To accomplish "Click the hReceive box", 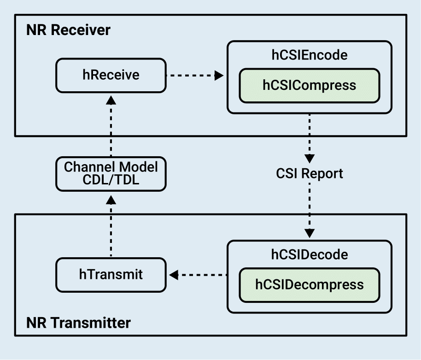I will (111, 75).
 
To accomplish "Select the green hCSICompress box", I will (309, 86).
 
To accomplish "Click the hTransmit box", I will (111, 275).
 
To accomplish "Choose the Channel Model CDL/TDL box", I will (111, 174).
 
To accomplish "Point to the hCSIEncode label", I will (309, 55).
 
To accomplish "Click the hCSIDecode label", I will (309, 254).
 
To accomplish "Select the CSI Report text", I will (310, 174).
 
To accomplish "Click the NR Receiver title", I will (69, 30).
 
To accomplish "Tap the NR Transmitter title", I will (79, 322).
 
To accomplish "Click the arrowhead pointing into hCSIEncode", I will (219, 76).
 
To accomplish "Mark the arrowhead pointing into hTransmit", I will (174, 275).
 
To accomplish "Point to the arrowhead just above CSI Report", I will (310, 158).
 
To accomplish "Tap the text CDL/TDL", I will (111, 181).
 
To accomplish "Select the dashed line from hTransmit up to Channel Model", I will (111, 230).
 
